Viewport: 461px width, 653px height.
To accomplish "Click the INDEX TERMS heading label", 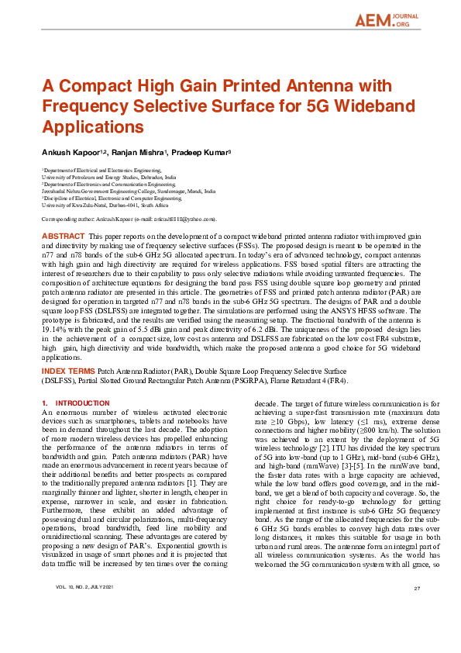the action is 69,372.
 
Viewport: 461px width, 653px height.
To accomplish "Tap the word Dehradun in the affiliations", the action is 155,177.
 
